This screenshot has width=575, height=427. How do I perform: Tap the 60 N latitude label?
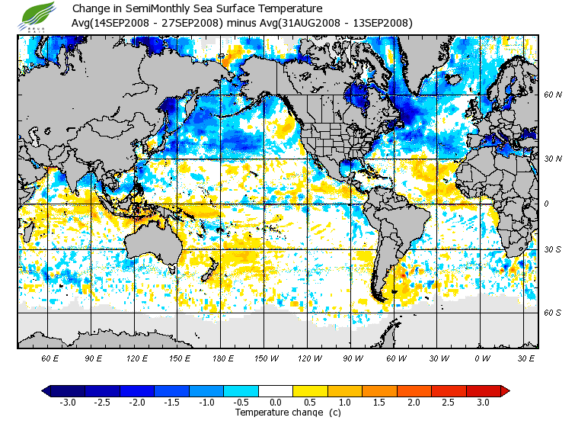coord(553,95)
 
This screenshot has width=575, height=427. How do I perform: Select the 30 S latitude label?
coord(553,249)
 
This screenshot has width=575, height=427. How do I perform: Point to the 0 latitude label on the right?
coord(546,204)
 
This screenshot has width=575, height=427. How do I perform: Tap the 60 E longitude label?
coord(50,358)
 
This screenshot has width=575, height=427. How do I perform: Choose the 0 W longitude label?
coord(481,358)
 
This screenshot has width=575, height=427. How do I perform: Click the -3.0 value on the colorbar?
coord(68,403)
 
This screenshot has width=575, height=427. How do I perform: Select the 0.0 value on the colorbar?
coord(276,403)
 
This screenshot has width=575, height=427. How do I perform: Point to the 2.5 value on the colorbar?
coord(449,403)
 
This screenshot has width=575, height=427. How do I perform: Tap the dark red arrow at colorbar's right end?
coord(504,390)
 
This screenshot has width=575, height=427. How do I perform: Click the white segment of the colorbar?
coord(276,390)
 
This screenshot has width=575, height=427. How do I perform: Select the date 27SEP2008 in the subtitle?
coord(190,23)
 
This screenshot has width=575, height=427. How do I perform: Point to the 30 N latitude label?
coord(553,159)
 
